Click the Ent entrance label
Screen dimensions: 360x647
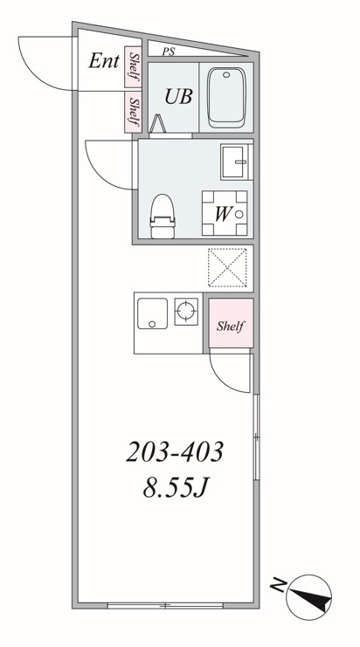tap(104, 61)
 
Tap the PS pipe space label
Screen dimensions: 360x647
tap(169, 52)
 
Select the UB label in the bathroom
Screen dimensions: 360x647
tap(179, 96)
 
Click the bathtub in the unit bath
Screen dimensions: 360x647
tap(226, 98)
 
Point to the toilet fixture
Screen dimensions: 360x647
tap(163, 217)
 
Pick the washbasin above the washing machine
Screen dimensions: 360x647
tap(236, 162)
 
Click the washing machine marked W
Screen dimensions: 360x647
tap(225, 213)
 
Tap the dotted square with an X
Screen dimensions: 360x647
tap(227, 267)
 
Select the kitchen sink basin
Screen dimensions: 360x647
tap(152, 313)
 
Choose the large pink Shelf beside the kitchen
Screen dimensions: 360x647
tap(231, 323)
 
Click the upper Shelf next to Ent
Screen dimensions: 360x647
tap(134, 67)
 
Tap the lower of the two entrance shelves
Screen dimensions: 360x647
tap(134, 112)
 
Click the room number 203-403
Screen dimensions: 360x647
tap(175, 451)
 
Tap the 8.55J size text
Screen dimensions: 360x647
tap(175, 488)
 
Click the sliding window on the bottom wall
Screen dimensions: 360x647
tap(165, 605)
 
